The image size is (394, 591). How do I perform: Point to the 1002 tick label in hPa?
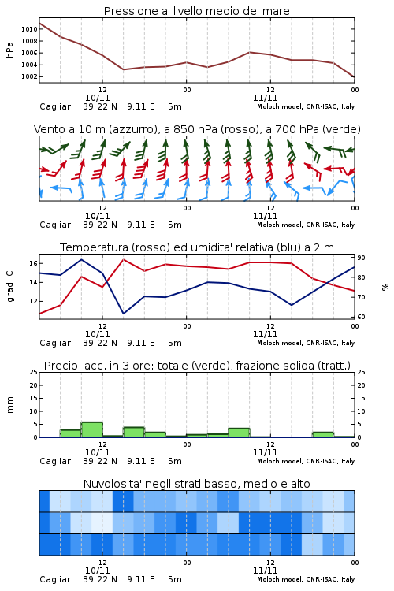pos(29,76)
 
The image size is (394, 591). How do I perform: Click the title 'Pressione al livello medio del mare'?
pos(197,11)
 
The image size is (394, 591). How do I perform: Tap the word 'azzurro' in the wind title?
pos(132,130)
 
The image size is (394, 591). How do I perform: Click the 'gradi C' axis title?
pos(10,286)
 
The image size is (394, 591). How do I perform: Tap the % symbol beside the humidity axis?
pos(385,287)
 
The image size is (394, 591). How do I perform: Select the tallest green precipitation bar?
pos(92,429)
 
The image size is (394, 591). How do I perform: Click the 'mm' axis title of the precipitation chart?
pos(10,405)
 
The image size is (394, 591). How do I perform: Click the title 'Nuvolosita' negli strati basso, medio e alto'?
pos(197,484)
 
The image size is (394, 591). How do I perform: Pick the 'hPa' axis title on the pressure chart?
pos(9,50)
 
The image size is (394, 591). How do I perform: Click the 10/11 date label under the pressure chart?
pos(98,98)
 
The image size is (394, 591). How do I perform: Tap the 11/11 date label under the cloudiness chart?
pos(266,571)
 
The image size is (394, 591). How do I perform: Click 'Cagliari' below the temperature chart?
pos(56,343)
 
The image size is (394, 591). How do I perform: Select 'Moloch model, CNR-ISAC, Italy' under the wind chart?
pos(306,225)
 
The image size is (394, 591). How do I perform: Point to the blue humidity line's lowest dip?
pos(124,314)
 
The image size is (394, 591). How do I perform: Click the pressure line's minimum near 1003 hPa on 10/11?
pos(123,69)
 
